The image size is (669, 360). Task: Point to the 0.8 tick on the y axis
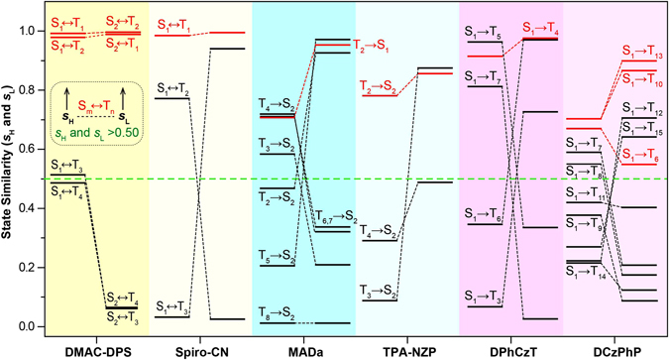coord(34,90)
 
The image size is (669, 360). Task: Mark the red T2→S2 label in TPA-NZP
coord(380,86)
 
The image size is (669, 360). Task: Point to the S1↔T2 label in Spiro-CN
coord(174,88)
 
